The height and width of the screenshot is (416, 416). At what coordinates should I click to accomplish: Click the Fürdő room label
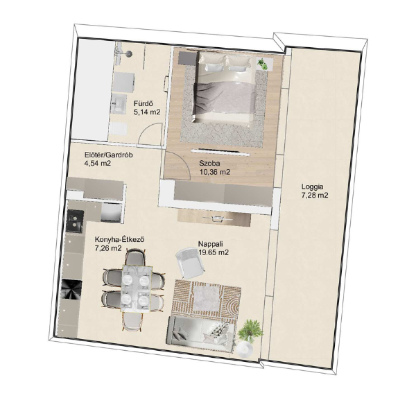(x=144, y=103)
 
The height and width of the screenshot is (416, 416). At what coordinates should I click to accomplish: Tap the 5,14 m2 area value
(x=147, y=112)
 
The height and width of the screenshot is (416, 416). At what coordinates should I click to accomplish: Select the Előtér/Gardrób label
(x=109, y=155)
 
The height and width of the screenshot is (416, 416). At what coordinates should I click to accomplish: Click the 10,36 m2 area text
(x=215, y=172)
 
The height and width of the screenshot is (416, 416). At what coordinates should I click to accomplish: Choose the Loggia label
(x=312, y=187)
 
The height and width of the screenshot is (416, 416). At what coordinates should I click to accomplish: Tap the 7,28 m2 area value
(x=315, y=196)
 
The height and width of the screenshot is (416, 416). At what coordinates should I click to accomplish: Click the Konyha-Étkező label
(x=119, y=240)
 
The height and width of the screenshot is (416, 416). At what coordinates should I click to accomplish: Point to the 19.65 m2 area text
(x=214, y=252)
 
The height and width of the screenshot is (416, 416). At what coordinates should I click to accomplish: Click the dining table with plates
(x=136, y=288)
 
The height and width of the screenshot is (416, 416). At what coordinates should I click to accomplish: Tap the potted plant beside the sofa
(x=250, y=330)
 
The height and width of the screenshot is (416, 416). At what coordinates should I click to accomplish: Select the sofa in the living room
(x=201, y=333)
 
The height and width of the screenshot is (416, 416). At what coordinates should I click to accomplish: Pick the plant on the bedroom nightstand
(x=263, y=64)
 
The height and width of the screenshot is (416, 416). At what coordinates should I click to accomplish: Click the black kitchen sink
(x=75, y=221)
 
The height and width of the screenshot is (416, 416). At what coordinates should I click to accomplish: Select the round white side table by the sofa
(x=244, y=349)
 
